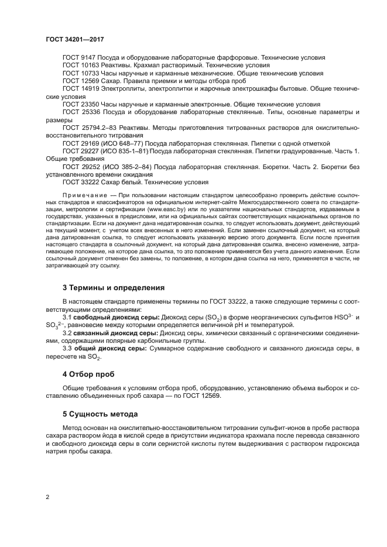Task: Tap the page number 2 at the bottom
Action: (47, 497)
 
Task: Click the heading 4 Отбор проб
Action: (88, 373)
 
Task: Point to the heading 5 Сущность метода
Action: (100, 414)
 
